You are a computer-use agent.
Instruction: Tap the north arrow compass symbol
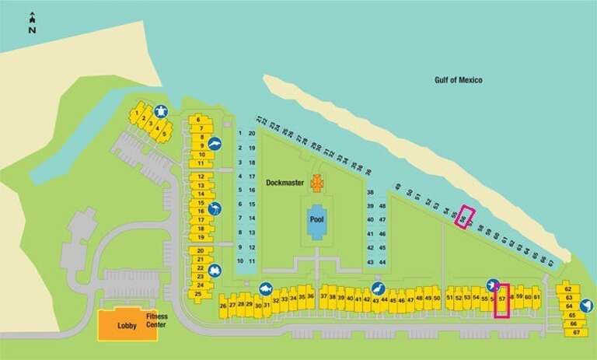[32, 23]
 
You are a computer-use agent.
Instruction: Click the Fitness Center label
[156, 320]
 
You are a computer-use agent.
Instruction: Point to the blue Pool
[317, 218]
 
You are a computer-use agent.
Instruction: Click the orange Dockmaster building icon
[317, 182]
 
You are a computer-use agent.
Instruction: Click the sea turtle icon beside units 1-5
[162, 111]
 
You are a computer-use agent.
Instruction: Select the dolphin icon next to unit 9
[215, 144]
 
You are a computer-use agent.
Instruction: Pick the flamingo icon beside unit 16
[215, 208]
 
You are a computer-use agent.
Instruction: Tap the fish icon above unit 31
[265, 288]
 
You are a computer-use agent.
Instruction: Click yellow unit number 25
[198, 294]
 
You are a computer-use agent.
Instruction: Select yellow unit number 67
[576, 333]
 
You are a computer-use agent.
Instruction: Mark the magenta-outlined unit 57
[502, 299]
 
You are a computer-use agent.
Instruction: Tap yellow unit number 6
[199, 119]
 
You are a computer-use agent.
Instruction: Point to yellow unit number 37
[324, 298]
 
